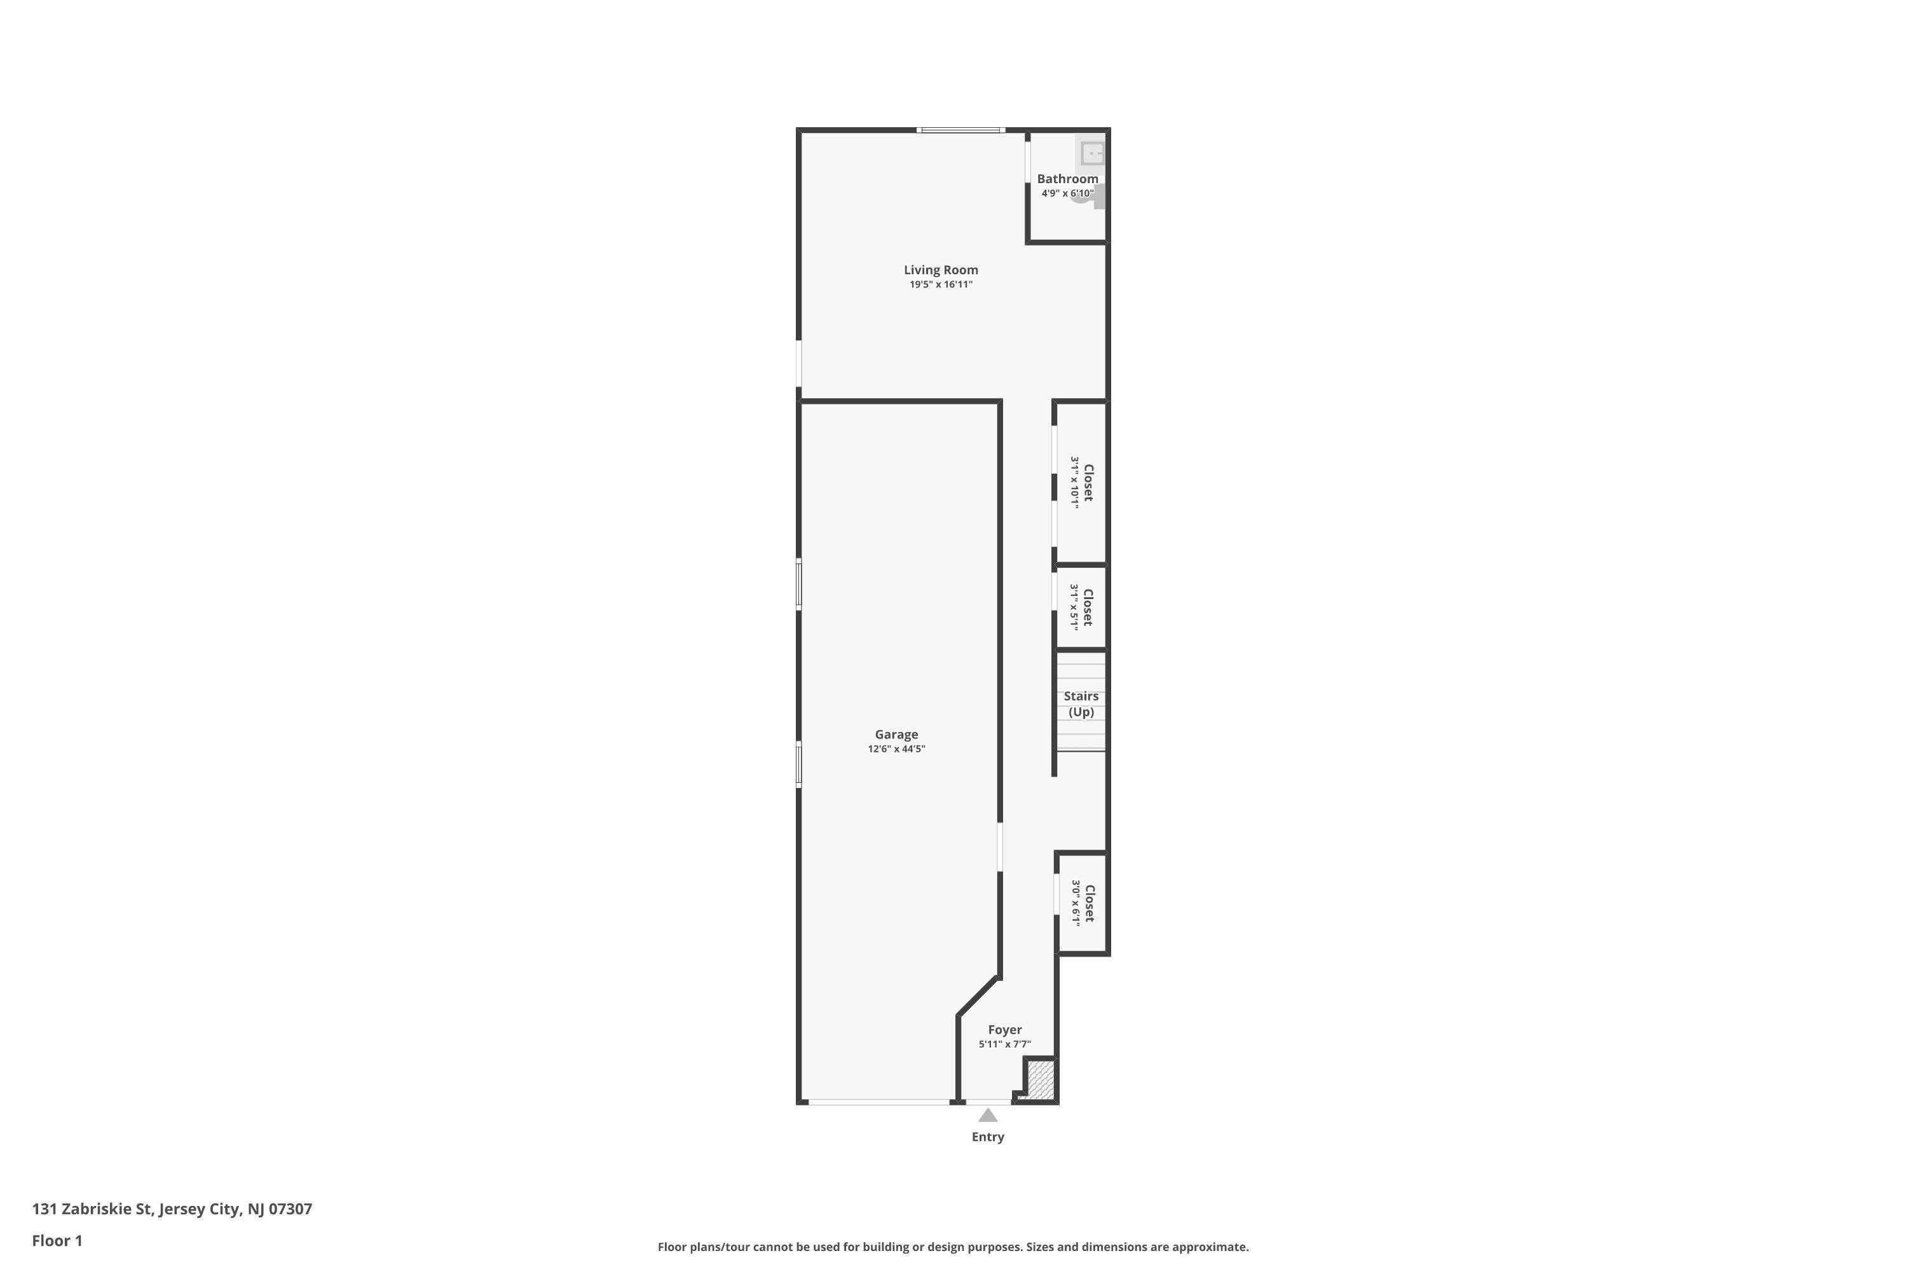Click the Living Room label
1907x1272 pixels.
(941, 270)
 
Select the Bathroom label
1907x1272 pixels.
(1067, 179)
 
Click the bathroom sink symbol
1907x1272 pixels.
(1092, 153)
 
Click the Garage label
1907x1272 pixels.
(896, 734)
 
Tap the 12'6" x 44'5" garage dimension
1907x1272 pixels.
(896, 749)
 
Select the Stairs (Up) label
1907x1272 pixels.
(1081, 704)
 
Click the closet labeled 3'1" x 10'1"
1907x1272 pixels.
(1082, 482)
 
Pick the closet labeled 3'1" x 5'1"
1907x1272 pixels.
(1082, 607)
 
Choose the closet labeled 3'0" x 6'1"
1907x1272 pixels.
(1083, 904)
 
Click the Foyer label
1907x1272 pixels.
(1004, 1030)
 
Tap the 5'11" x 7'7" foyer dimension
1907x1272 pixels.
(1004, 1044)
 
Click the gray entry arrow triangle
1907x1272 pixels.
(988, 1116)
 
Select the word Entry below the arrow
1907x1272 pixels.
(988, 1137)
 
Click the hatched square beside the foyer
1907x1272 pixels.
(1040, 1080)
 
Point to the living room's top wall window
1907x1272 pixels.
(960, 130)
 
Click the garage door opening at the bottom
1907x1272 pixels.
(879, 1102)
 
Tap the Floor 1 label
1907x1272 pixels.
(57, 1240)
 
